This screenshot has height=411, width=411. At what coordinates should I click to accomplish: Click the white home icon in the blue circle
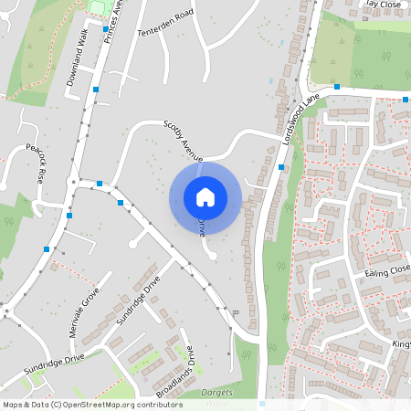click(x=205, y=196)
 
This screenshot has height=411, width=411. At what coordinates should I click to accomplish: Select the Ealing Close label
click(x=387, y=271)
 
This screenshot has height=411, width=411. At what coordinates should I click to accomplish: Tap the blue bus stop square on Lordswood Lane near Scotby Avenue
click(x=281, y=167)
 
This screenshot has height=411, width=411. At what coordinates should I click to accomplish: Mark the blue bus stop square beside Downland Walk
click(x=95, y=90)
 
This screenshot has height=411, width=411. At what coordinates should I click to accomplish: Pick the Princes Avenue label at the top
click(x=112, y=23)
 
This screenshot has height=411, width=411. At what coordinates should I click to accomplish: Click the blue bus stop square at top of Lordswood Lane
click(x=337, y=87)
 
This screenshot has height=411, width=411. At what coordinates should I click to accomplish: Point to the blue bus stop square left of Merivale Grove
click(x=47, y=248)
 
